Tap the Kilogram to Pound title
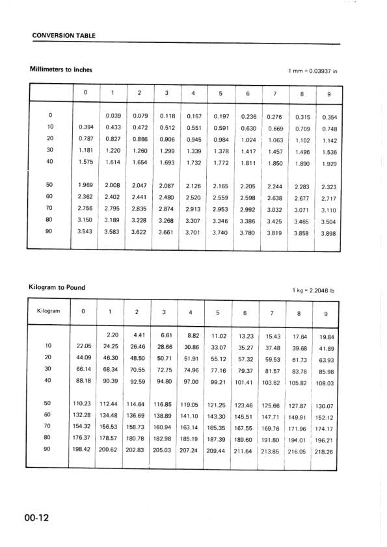point(57,286)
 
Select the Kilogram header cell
point(49,311)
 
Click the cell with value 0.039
point(113,116)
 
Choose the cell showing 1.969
point(85,185)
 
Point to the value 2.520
point(193,197)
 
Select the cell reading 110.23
point(83,403)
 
